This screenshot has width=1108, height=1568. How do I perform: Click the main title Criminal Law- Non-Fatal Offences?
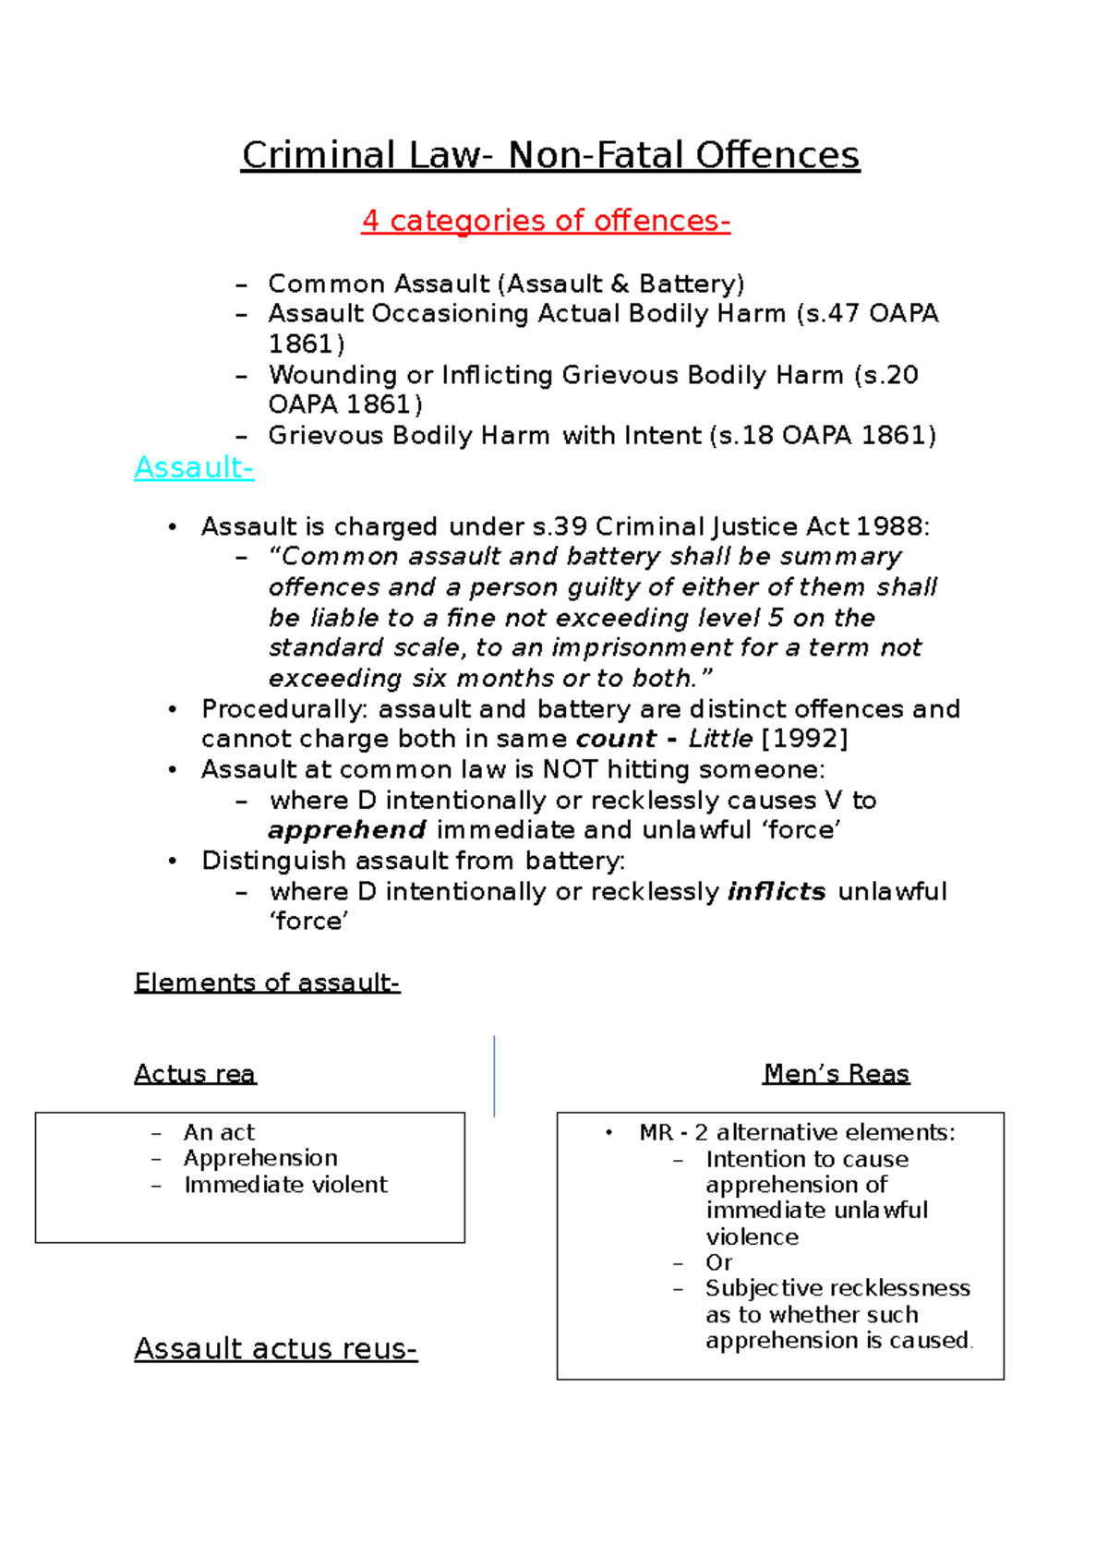coord(550,155)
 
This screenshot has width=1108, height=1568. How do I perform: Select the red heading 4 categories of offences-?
coord(546,221)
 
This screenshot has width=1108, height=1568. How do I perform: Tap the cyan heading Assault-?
coord(194,467)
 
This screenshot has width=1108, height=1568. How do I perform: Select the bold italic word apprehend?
coord(347,830)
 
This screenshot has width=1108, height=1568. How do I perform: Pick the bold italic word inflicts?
coord(777,891)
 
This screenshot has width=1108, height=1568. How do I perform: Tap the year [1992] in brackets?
coord(804,739)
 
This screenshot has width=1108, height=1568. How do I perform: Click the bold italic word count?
coord(616,739)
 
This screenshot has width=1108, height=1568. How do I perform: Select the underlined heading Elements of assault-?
coord(267,982)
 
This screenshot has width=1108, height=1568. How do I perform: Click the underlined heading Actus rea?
coord(195,1073)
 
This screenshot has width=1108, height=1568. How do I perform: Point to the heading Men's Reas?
coord(836,1073)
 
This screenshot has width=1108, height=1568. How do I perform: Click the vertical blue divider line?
coord(495,1076)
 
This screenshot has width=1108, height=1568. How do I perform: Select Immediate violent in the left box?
coord(285,1184)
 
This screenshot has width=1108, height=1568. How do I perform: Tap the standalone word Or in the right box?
coord(718,1262)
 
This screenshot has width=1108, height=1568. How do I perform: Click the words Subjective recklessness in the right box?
coord(837,1288)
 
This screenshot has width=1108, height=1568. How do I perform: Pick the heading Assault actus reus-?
coord(275,1348)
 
